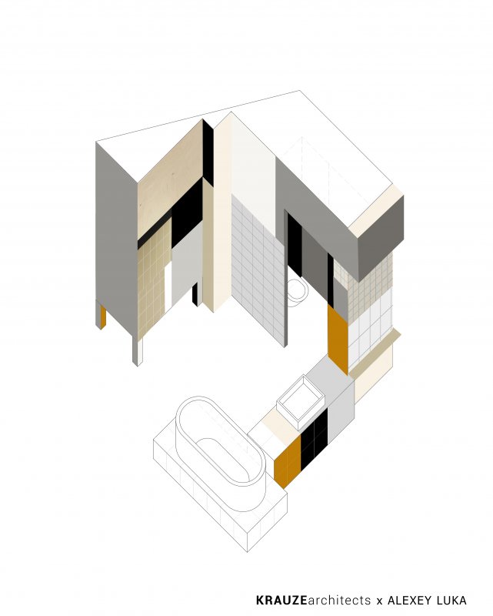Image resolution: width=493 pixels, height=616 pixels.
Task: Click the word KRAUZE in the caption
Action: click(281, 600)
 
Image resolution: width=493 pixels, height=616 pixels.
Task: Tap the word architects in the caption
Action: click(339, 600)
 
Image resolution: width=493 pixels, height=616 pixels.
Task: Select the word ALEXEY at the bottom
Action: click(406, 600)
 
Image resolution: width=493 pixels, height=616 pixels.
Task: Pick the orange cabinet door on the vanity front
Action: click(288, 460)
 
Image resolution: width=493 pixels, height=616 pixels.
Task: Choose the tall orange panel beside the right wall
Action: click(338, 339)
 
